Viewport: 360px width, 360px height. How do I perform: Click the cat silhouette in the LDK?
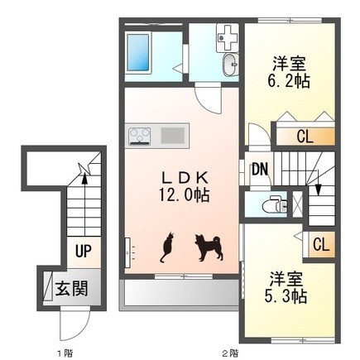point(167,247)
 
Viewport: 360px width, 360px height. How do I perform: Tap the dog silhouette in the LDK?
point(209,247)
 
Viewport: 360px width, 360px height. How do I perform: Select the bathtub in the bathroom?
point(139,53)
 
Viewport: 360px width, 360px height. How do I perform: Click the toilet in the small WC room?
point(274,204)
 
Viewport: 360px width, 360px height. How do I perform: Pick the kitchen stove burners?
point(140,136)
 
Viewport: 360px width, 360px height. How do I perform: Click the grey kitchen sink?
point(173,136)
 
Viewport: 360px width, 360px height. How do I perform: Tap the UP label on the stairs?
point(84,251)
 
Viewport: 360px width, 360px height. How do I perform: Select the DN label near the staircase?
point(260,170)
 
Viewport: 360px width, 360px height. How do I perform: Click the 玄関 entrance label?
point(72,289)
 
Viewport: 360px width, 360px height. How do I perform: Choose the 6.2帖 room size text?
point(289,81)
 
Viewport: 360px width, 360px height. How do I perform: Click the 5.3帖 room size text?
point(286,296)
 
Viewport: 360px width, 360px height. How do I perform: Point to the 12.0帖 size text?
point(184,195)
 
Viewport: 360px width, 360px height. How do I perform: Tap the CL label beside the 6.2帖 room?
point(305,137)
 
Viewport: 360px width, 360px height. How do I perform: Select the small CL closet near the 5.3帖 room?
point(321,244)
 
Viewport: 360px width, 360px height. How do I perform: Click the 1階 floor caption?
point(65,353)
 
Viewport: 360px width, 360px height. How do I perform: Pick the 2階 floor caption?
point(230,353)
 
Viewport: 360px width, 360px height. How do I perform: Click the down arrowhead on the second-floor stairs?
point(319,190)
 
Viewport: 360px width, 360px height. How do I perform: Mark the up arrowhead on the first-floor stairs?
point(84,180)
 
